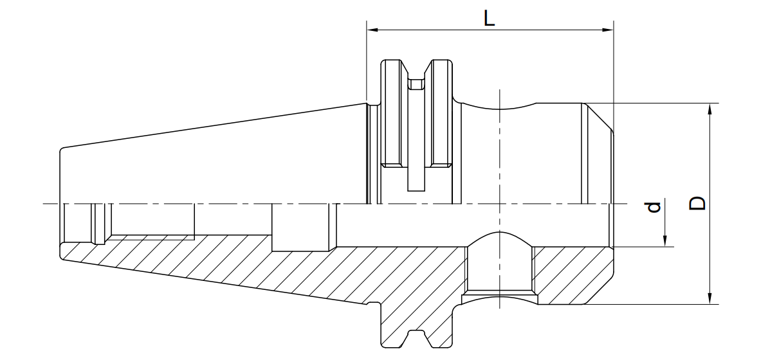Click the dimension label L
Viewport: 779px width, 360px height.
[489, 18]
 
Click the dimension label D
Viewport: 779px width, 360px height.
[697, 203]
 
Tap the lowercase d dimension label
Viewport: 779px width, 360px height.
[652, 207]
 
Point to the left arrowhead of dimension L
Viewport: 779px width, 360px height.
[372, 30]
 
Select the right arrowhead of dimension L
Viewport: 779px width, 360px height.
[607, 30]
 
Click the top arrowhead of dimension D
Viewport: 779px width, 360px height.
[710, 109]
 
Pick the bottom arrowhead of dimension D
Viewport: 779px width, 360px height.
[710, 298]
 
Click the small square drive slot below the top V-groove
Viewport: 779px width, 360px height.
[416, 84]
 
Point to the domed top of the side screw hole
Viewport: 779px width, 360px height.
[499, 239]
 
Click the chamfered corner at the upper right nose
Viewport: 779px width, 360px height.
[599, 116]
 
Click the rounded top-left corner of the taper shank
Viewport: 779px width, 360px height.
[62, 150]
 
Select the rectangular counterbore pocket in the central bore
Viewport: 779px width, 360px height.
[300, 227]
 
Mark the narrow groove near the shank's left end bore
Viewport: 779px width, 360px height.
[100, 224]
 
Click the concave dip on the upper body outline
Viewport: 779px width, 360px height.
[499, 106]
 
